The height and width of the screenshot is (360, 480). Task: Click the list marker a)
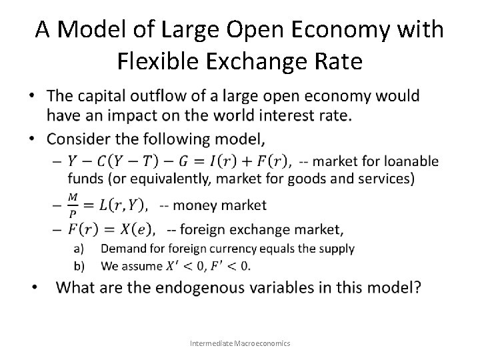(79, 249)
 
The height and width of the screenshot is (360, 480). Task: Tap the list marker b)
(79, 266)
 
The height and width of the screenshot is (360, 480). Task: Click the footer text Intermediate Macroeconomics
(239, 343)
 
